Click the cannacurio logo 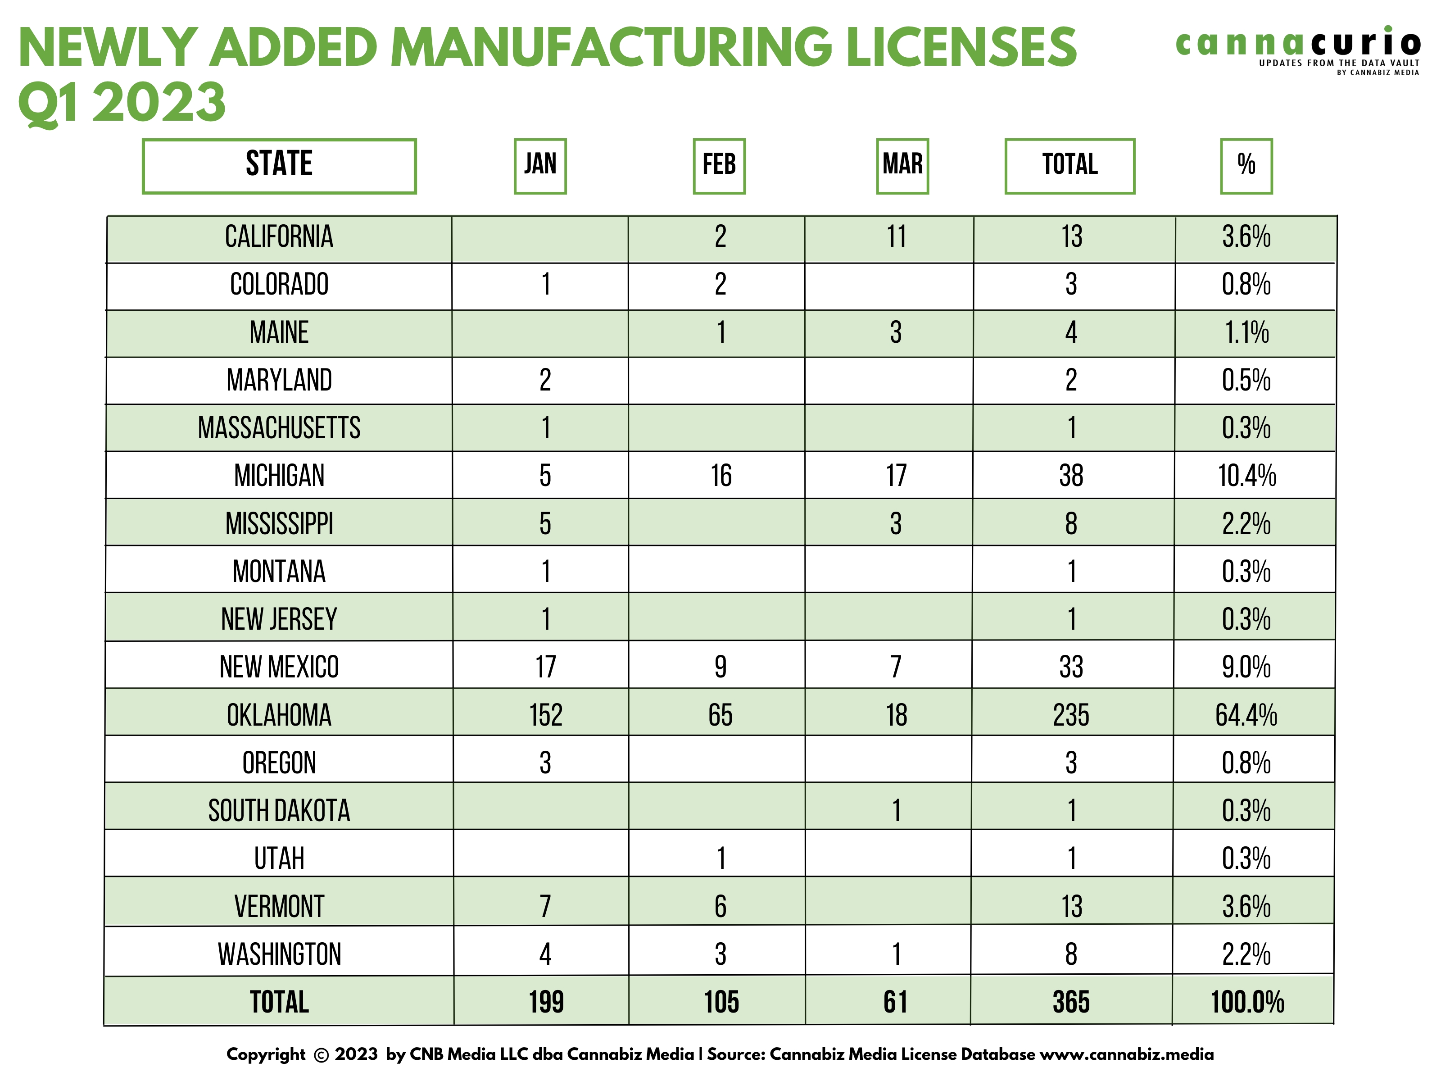pos(1298,49)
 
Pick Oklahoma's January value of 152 pos(545,715)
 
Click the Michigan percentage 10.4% pos(1246,476)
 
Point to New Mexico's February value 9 pos(720,667)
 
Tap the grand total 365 pos(1071,1002)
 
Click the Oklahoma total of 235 pos(1071,715)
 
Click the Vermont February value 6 pos(720,906)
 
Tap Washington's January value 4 pos(545,954)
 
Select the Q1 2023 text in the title pos(122,102)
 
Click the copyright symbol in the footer pos(321,1055)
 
